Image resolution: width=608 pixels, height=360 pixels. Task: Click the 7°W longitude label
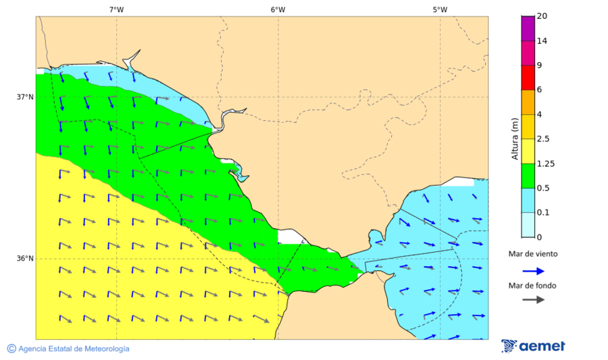(x=116, y=9)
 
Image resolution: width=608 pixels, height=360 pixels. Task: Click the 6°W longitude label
(x=278, y=9)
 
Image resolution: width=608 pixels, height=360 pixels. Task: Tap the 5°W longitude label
(x=440, y=9)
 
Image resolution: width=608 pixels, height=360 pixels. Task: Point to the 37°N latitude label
(x=25, y=97)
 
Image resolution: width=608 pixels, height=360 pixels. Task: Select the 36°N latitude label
(x=25, y=259)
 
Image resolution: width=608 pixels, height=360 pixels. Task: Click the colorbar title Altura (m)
(x=515, y=139)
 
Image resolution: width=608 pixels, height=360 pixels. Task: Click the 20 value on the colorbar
(x=541, y=16)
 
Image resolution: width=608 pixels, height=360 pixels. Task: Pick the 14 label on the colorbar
(x=541, y=41)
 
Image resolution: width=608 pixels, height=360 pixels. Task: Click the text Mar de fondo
(x=533, y=285)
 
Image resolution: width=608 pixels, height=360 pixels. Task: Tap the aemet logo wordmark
(x=542, y=346)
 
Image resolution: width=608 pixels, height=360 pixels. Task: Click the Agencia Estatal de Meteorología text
(x=74, y=349)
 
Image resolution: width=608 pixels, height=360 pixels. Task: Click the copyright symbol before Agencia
(x=11, y=349)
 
